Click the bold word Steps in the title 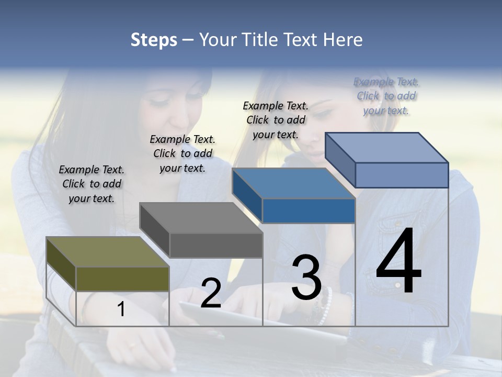click(154, 40)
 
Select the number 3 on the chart click(306, 278)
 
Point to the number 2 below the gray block click(211, 293)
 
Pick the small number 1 click(121, 309)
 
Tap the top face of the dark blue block click(293, 183)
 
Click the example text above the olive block click(92, 184)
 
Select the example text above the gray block click(182, 153)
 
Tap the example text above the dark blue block click(276, 120)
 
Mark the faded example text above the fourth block click(386, 96)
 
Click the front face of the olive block click(122, 279)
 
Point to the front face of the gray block click(215, 245)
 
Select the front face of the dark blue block click(309, 210)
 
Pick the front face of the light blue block click(401, 175)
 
